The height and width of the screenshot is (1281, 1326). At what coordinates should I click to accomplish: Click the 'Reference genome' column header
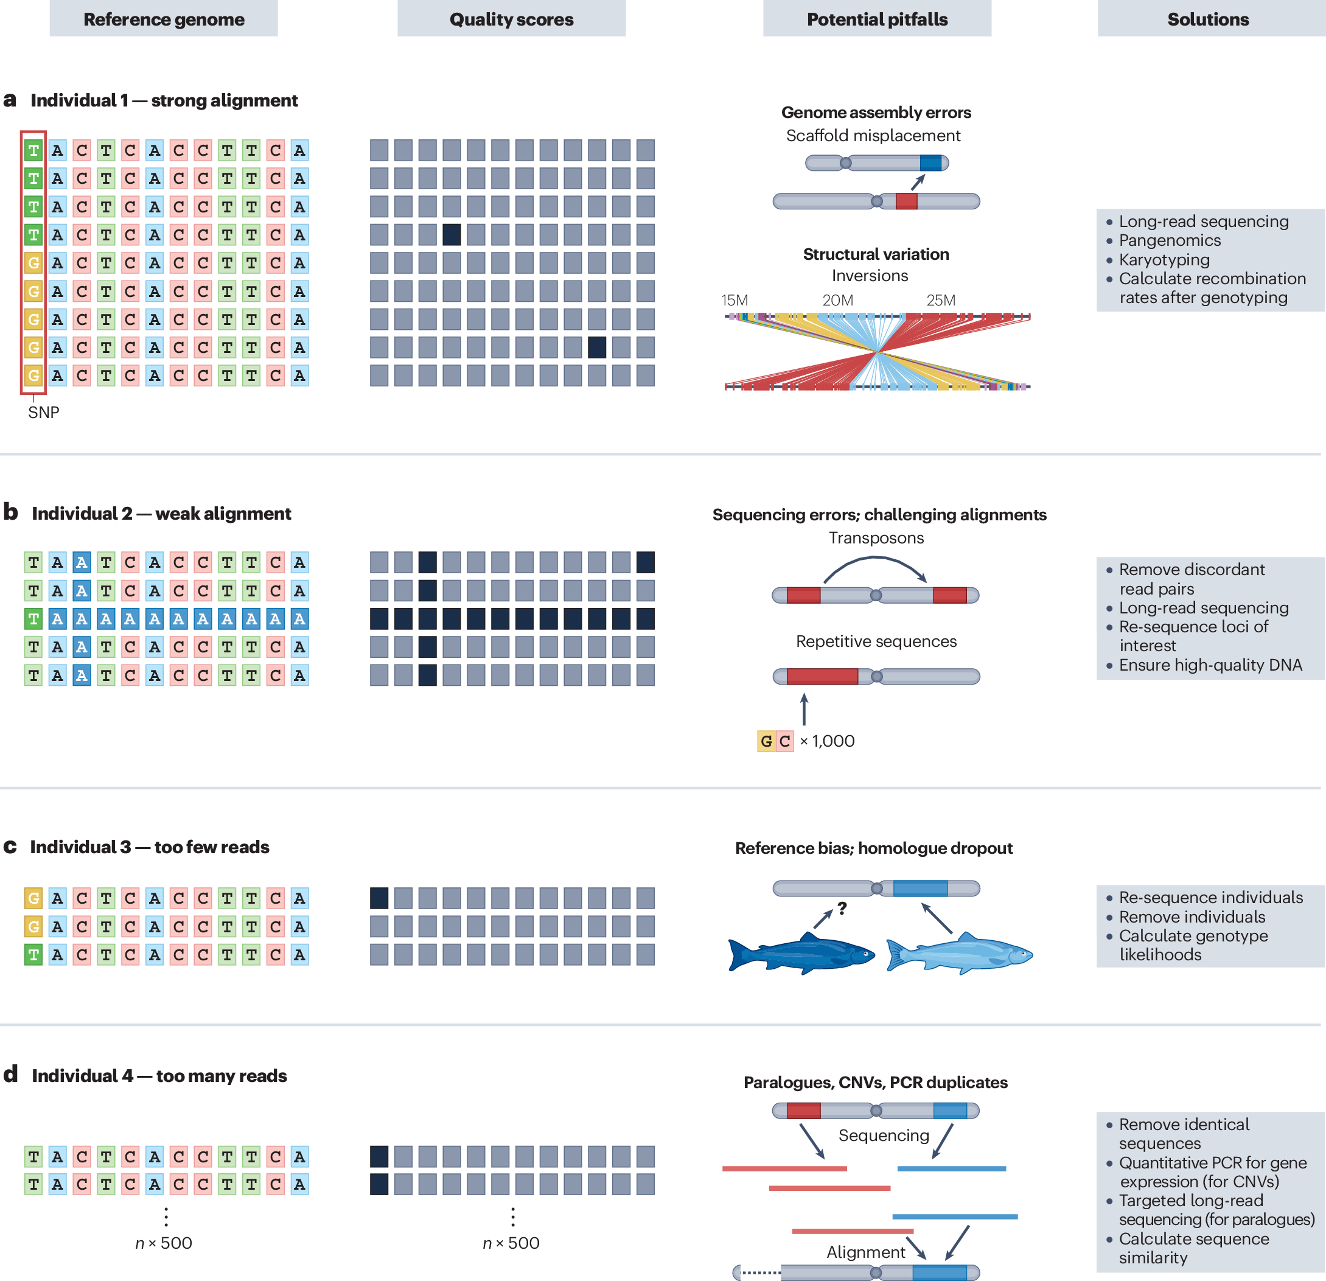coord(164,19)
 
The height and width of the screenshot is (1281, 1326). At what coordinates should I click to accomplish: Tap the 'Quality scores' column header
coord(511,19)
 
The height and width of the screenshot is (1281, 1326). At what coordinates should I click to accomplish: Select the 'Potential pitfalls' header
coord(877,19)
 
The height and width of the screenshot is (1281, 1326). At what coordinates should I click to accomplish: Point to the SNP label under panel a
coord(43,412)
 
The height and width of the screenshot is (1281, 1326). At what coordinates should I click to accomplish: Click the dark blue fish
coord(801,953)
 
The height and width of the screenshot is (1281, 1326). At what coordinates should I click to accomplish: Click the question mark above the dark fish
coord(842,908)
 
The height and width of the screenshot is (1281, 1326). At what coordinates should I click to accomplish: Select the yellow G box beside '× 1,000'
coord(766,741)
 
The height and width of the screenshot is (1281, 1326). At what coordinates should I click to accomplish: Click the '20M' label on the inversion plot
coord(837,300)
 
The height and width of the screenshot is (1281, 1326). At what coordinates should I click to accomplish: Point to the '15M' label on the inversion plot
coord(734,300)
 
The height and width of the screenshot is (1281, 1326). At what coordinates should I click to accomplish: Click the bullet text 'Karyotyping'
coord(1164,260)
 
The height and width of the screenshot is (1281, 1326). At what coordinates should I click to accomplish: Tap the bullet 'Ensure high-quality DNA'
coord(1210,665)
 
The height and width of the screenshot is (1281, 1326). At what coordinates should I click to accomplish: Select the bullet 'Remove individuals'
coord(1192,916)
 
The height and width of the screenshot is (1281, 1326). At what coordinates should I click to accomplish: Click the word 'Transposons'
coord(876,537)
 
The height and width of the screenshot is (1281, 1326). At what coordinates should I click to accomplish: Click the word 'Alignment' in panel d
coord(865,1252)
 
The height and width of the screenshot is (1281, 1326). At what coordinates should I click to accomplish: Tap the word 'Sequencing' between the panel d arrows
coord(884,1135)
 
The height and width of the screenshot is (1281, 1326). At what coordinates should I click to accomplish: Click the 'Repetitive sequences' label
coord(876,641)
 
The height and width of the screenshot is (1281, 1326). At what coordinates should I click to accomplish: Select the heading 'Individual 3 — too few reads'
coord(150,846)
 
